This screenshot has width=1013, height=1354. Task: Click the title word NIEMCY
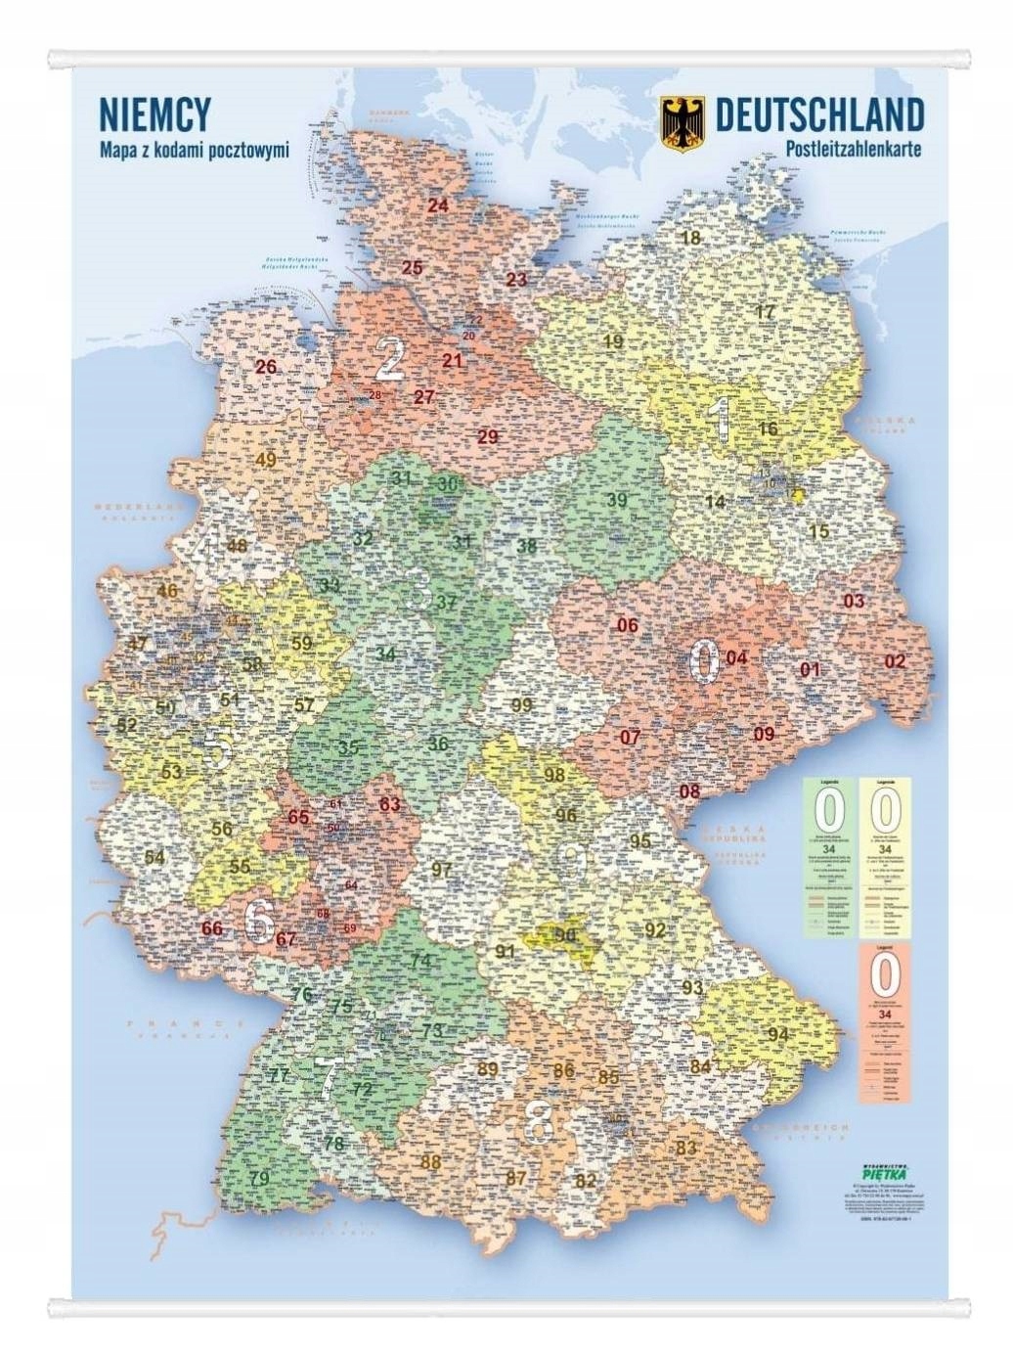coord(154,115)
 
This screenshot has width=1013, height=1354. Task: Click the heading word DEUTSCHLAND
coord(819,114)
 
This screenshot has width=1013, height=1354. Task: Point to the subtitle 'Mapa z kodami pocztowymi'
coord(194,152)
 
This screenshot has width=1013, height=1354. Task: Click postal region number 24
coord(437,205)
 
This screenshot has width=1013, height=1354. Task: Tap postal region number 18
coord(690,238)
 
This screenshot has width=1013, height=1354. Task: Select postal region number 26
coord(266,368)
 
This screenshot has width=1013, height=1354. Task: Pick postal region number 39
coord(617,500)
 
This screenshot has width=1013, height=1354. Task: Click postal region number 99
coord(522,705)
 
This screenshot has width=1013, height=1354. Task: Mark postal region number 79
coord(259,1179)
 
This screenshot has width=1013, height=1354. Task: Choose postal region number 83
coord(685,1148)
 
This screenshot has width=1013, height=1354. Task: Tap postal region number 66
coord(211,928)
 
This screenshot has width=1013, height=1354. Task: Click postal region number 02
coord(895,661)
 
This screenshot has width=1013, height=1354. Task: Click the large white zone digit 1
coord(723,418)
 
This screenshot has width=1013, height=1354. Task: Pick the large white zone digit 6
coord(259,921)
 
